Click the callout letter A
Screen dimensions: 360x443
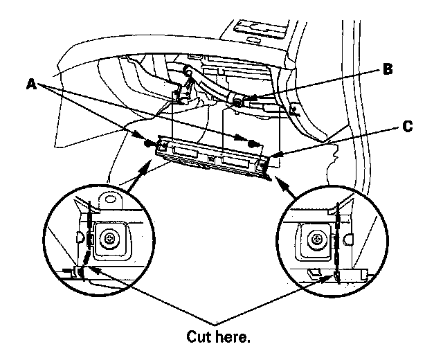(x=31, y=83)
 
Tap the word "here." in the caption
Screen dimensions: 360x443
(x=234, y=337)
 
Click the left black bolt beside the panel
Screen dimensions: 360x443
(x=148, y=143)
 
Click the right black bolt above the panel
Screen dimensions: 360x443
(x=254, y=143)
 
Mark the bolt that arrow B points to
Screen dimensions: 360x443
(x=237, y=102)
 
